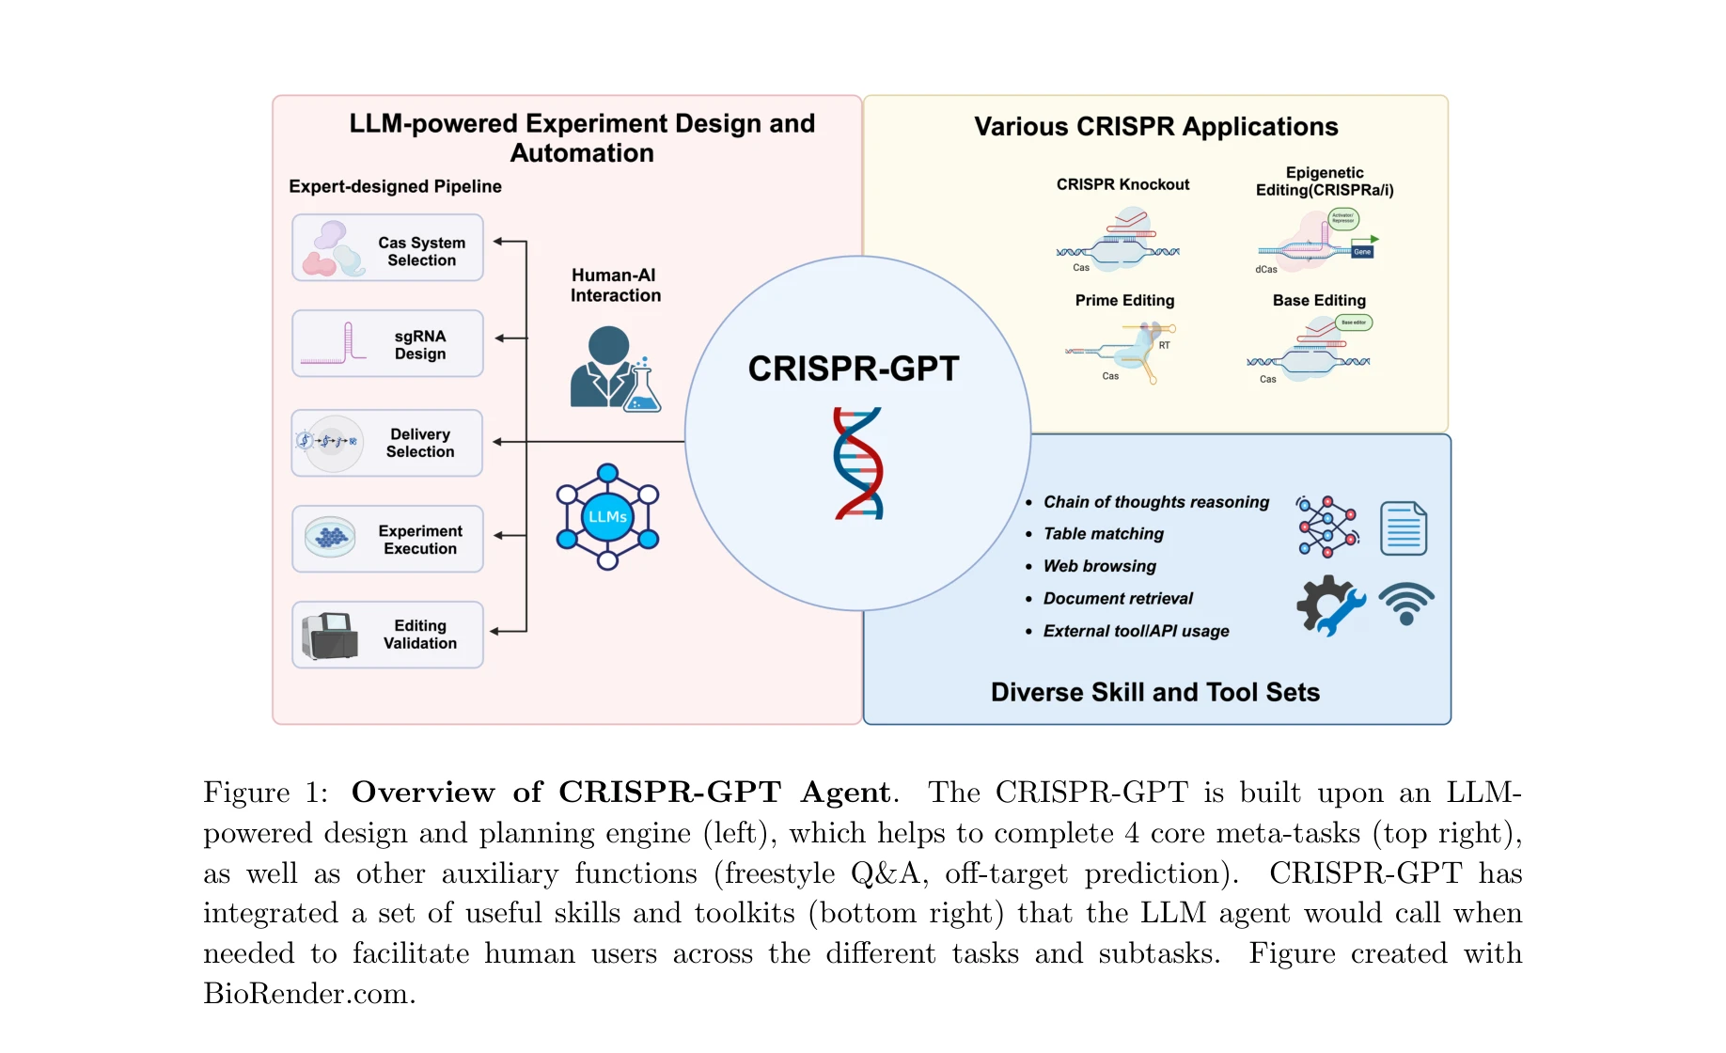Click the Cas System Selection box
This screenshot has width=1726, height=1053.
[x=387, y=248]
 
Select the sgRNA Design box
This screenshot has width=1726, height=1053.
[x=387, y=344]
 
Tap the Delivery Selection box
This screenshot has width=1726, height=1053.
[x=387, y=443]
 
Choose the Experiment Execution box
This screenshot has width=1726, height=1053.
[x=387, y=540]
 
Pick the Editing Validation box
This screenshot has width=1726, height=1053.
[x=387, y=635]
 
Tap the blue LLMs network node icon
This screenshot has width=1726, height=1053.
[x=607, y=517]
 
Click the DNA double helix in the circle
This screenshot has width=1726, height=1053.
[x=858, y=464]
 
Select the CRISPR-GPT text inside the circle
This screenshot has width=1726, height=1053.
[x=854, y=369]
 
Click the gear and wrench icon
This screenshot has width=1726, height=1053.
[x=1329, y=605]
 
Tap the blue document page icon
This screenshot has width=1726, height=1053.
[x=1404, y=528]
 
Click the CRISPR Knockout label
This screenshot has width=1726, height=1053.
[x=1122, y=184]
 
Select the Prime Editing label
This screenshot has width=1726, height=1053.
[x=1124, y=300]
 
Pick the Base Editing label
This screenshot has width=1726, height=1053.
[x=1319, y=300]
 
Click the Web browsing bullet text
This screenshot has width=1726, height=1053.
[x=1100, y=566]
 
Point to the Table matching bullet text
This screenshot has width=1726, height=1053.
[x=1104, y=534]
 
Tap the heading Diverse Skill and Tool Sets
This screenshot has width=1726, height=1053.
[x=1155, y=692]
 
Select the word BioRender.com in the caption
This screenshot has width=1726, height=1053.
[x=309, y=994]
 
